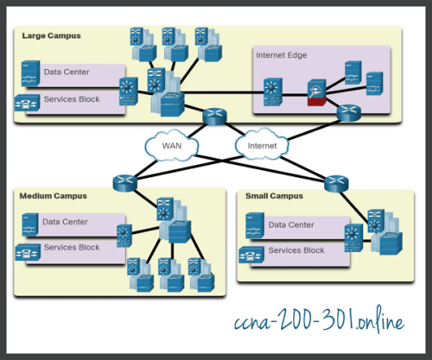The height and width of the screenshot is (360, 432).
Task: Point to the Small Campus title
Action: point(274,196)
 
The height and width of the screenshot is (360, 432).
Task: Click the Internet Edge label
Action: point(281,55)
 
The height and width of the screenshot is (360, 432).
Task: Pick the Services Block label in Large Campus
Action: point(72,99)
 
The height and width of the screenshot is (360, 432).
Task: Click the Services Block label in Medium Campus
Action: point(72,247)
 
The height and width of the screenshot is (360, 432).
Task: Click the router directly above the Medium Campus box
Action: point(126,181)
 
